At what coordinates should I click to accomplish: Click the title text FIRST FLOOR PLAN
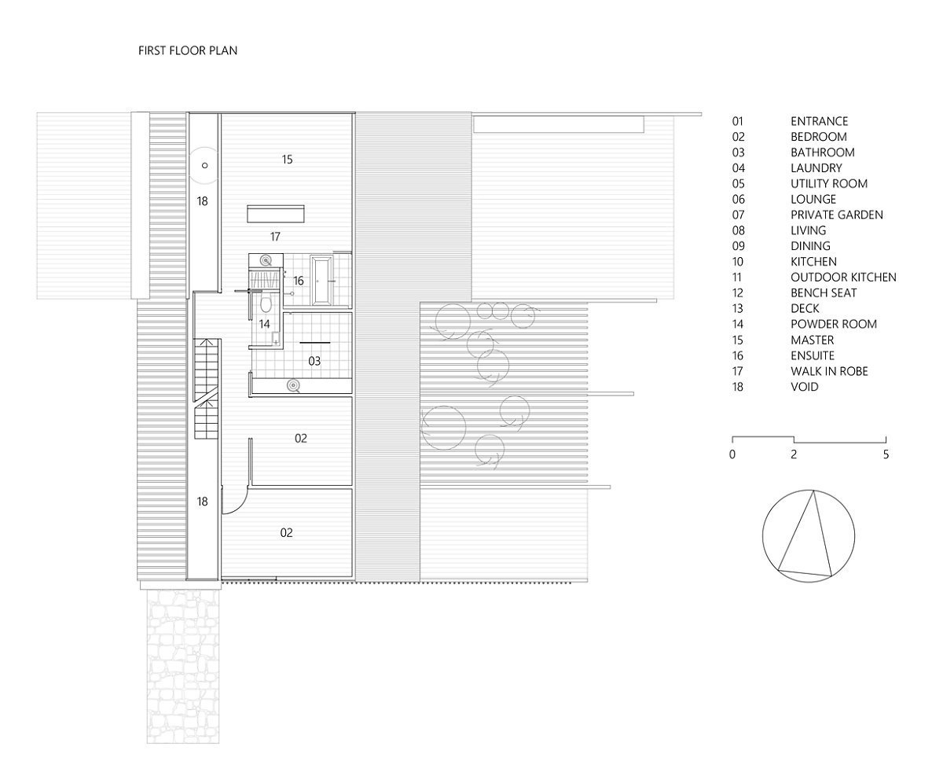tap(188, 51)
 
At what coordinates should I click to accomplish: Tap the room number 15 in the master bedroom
tap(287, 160)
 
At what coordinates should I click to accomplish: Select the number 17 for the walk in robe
tap(275, 237)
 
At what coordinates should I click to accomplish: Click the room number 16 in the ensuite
tap(299, 281)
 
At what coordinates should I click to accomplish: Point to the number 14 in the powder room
tap(264, 324)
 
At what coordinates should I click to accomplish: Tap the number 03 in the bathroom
tap(314, 362)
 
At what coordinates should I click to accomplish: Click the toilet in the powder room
tap(266, 303)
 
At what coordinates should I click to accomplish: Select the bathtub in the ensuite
tap(321, 280)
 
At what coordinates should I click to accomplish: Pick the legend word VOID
tap(805, 387)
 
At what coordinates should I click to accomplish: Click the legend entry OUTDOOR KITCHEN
tap(843, 278)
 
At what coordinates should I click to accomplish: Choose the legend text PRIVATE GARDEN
tap(837, 215)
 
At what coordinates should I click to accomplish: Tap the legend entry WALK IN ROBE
tap(829, 371)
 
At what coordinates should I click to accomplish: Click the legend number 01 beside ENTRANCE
tap(738, 121)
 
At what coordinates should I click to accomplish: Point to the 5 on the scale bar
tap(886, 454)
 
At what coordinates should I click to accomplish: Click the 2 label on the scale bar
tap(794, 454)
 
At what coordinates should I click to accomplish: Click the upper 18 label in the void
tap(202, 201)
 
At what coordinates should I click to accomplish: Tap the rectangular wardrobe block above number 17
tap(275, 214)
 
